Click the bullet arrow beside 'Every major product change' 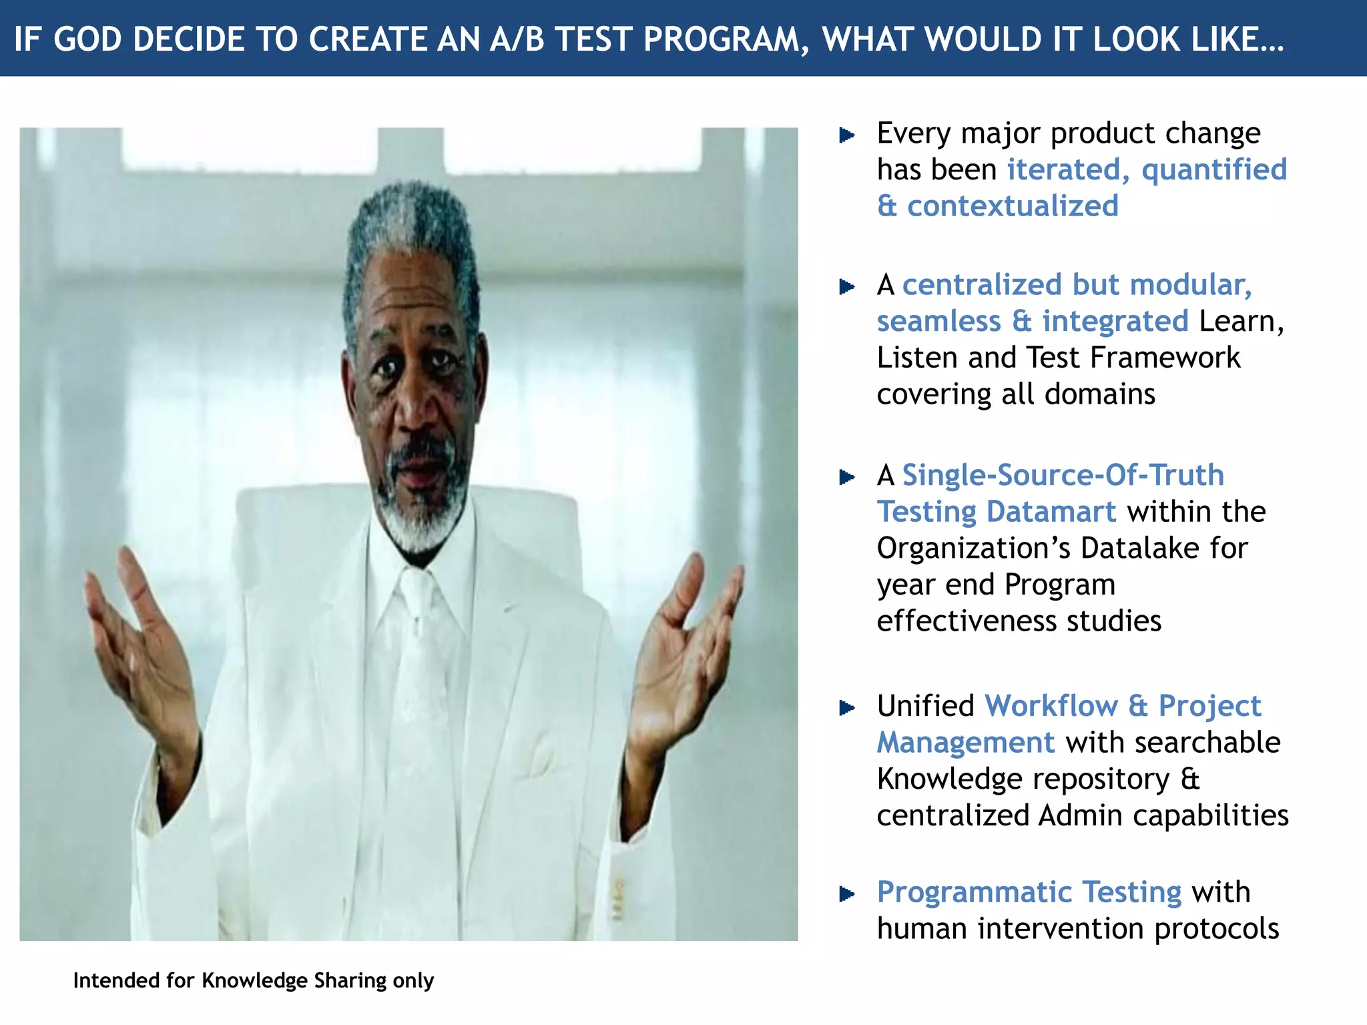coord(846,135)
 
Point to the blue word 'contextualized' coord(1013,206)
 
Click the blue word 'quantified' coord(1214,169)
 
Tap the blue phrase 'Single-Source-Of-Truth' coord(1063,475)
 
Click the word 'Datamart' coord(1051,512)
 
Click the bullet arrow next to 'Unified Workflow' coord(846,707)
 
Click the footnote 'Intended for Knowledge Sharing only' coord(253,980)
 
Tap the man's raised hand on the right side coord(688,641)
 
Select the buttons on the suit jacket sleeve coord(618,901)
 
